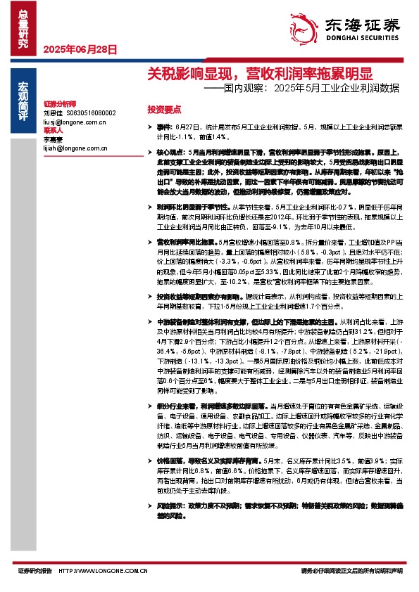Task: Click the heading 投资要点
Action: pos(164,110)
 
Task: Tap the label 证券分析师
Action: pos(59,103)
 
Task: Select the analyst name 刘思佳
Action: pos(53,112)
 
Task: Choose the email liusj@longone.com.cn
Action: pos(74,122)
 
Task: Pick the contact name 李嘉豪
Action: pos(53,140)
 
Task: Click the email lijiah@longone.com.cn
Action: pos(75,149)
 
